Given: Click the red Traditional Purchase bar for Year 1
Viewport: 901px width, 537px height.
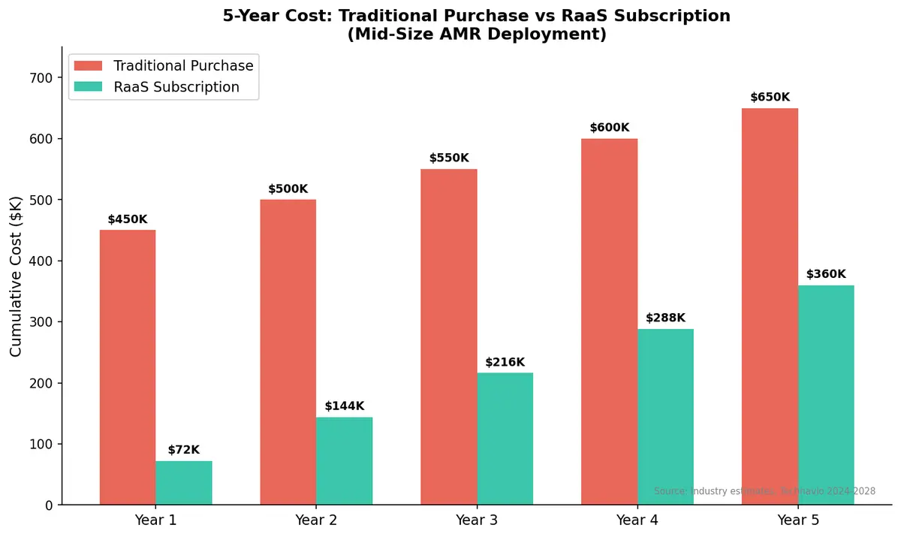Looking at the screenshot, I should click(x=128, y=367).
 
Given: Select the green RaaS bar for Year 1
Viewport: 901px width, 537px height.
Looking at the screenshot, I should click(x=184, y=483).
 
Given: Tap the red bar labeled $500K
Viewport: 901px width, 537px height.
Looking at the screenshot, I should click(x=288, y=352).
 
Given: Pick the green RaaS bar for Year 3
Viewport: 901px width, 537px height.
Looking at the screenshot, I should click(x=505, y=439).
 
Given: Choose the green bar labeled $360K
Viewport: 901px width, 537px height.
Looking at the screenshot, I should click(x=826, y=395).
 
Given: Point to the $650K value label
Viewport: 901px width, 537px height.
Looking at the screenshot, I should click(x=770, y=98).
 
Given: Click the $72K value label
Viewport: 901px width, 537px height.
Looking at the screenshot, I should click(x=184, y=450).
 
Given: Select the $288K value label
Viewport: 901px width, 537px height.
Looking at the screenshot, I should click(x=665, y=318).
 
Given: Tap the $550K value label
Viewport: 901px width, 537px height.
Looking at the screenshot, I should click(x=449, y=158).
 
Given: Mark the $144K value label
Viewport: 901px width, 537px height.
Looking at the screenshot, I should click(x=345, y=406).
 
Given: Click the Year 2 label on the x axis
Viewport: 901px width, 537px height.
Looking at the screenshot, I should click(x=316, y=520).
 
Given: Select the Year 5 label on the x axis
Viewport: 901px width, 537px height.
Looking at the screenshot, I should click(x=798, y=520).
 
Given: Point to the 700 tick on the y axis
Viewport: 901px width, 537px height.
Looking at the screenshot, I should click(x=42, y=78).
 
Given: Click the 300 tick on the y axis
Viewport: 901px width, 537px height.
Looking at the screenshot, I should click(x=42, y=322).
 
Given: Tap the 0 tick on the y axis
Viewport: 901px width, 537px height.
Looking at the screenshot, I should click(x=49, y=505).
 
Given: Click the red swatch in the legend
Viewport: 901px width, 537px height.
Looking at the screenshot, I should click(x=88, y=66).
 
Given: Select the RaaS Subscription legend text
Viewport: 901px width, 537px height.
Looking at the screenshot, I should click(x=176, y=87).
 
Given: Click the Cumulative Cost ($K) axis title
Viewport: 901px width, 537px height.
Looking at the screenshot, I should click(x=17, y=276).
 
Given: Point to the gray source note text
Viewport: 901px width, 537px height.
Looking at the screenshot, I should click(x=764, y=491).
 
